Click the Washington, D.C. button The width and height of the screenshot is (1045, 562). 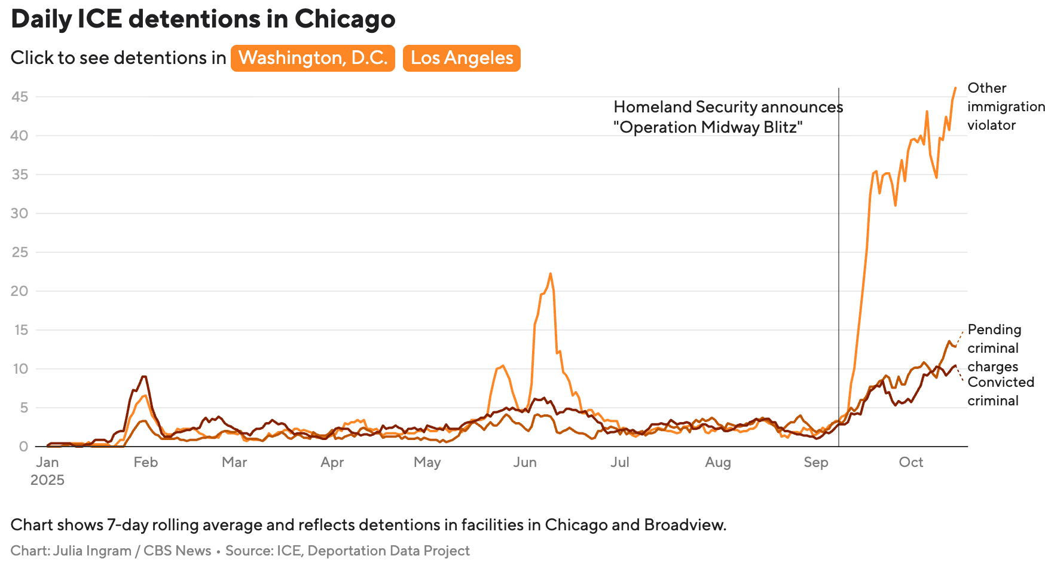click(x=313, y=58)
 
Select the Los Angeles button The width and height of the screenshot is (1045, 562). click(x=462, y=58)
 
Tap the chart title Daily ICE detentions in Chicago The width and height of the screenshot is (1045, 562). click(x=203, y=19)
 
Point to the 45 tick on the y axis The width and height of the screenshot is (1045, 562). click(x=20, y=97)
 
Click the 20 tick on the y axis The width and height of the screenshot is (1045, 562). click(x=20, y=291)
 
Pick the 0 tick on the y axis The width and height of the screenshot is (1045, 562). click(x=23, y=447)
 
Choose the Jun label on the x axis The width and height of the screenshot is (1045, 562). click(x=525, y=462)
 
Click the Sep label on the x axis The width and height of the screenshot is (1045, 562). click(x=815, y=462)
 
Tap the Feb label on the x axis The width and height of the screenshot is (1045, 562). click(x=145, y=462)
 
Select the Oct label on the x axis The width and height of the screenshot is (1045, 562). click(x=911, y=462)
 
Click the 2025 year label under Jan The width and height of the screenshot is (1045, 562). click(x=47, y=480)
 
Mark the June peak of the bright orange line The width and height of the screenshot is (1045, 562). click(x=550, y=274)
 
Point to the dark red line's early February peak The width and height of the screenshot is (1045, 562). click(x=143, y=377)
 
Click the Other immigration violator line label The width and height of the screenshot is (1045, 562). click(x=1006, y=106)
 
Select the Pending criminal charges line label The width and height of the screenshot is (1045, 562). click(x=994, y=348)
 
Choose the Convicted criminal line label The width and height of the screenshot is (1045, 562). click(x=1000, y=391)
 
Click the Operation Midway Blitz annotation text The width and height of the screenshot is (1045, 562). click(x=728, y=117)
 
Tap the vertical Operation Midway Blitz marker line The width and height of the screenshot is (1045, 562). click(x=839, y=269)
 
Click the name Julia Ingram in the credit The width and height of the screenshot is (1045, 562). click(x=92, y=551)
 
